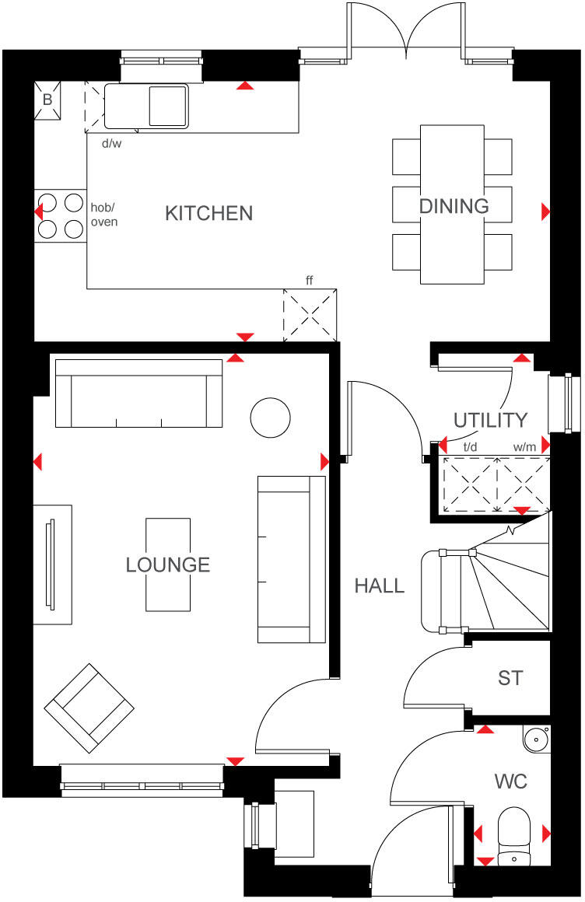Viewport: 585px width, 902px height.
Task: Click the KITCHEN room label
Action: (x=208, y=213)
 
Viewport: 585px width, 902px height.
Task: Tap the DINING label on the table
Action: (x=454, y=206)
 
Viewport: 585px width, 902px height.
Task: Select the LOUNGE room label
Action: (x=168, y=565)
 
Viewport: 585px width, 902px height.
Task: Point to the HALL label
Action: (x=380, y=586)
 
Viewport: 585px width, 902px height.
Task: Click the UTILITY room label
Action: (x=490, y=421)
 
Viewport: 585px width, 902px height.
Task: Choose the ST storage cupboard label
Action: (x=510, y=678)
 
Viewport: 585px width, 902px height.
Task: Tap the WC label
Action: (x=510, y=781)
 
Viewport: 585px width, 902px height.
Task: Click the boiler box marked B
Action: (x=47, y=100)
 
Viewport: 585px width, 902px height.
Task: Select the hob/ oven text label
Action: (x=104, y=215)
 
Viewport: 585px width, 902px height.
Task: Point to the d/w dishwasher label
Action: (x=112, y=143)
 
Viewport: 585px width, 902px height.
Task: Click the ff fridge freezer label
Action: (x=309, y=280)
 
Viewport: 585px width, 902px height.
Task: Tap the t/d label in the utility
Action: (x=471, y=447)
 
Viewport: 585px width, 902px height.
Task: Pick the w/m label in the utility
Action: (x=524, y=447)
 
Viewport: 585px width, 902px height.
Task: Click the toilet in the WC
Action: (x=513, y=834)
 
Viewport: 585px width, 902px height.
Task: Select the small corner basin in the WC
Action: (x=536, y=739)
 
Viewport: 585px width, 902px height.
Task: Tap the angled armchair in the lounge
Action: (x=89, y=704)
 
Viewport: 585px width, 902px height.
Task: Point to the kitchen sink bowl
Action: (x=168, y=106)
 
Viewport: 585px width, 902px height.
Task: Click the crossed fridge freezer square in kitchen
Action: (x=310, y=314)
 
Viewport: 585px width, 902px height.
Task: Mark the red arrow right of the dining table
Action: (x=545, y=211)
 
